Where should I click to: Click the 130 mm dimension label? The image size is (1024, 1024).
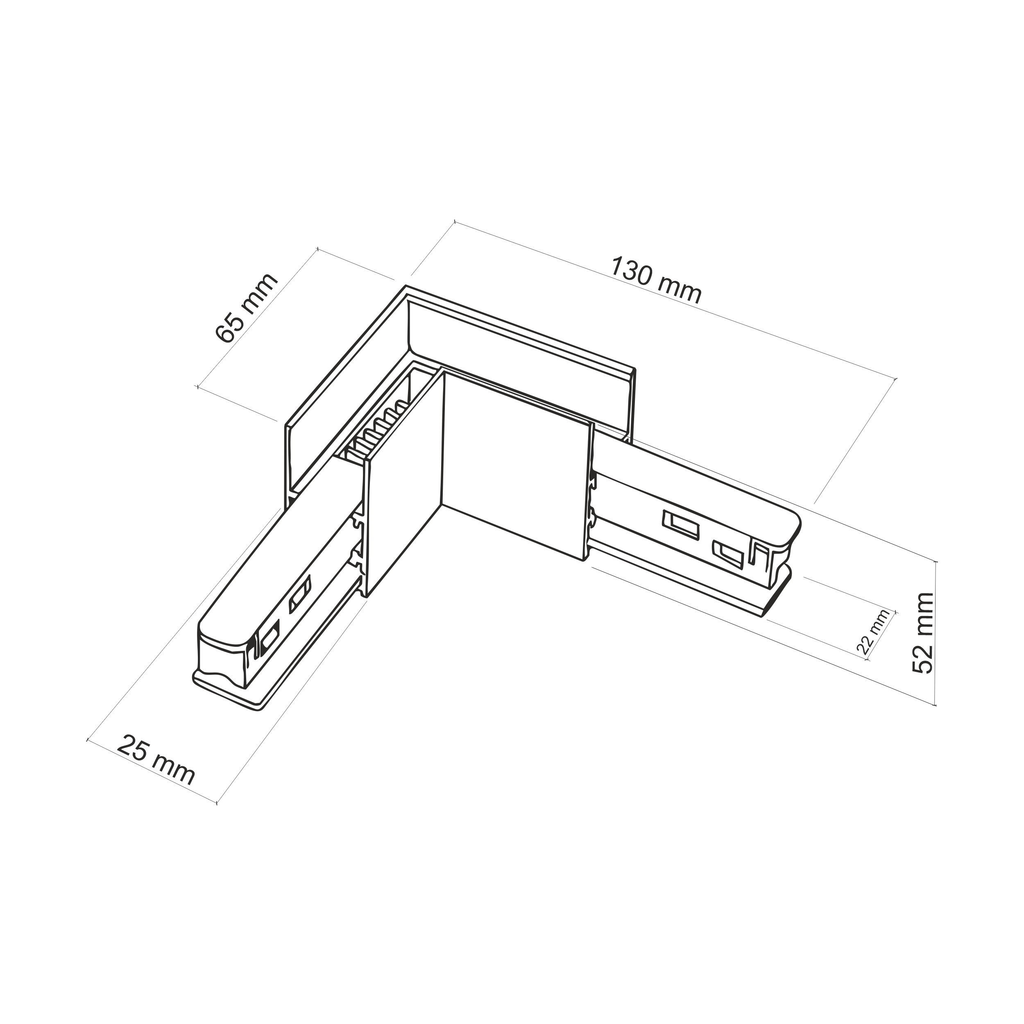point(656,281)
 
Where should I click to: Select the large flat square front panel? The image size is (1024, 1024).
point(515,464)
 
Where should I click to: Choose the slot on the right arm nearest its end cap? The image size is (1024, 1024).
point(729,555)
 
